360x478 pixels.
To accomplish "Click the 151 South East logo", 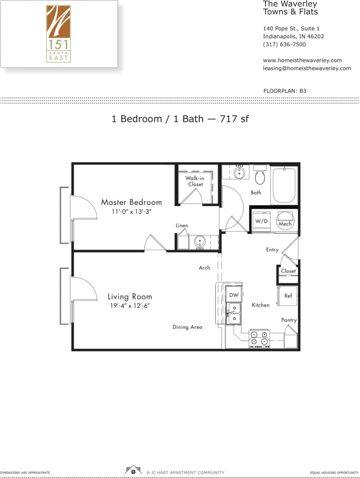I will coord(58,34).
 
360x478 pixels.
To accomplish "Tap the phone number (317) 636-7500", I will coord(284,44).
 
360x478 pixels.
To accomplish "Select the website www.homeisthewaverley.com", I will coord(302,60).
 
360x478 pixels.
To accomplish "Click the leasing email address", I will coord(307,68).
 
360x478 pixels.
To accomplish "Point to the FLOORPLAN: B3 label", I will coord(284,91).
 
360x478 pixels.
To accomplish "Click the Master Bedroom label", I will coord(132,202).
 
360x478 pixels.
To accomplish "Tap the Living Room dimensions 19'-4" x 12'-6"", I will coord(129,306).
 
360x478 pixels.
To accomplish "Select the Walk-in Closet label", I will coord(194,181).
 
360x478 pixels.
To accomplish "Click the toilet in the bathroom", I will coord(260,175).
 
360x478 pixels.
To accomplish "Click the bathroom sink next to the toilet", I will coord(239,173).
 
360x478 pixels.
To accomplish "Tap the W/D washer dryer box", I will coord(261,221).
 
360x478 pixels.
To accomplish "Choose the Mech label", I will coord(285,223).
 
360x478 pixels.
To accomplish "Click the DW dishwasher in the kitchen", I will coord(234,295).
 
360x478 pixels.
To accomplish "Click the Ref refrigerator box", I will coord(288,296).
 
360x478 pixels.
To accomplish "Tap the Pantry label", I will coord(289,320).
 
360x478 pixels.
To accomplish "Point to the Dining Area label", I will coord(187,327).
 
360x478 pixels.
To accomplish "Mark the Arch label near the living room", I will coord(204,268).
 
